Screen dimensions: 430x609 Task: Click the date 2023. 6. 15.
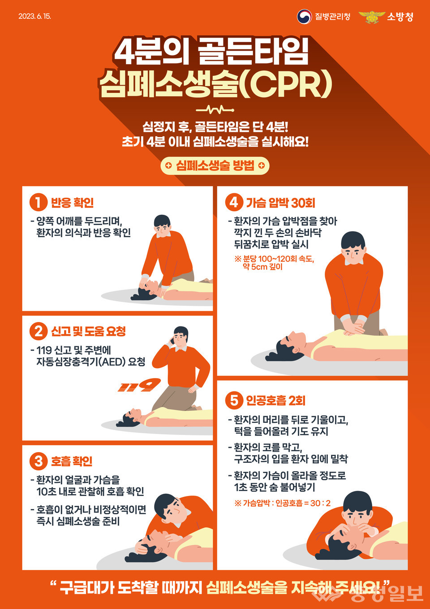pos(35,16)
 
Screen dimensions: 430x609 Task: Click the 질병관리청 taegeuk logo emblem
pos(304,17)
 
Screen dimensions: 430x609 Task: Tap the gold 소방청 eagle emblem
pos(371,17)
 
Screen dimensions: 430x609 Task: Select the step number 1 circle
pos(38,202)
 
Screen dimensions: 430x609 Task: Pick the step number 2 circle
pos(38,332)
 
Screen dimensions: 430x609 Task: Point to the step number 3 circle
pos(38,461)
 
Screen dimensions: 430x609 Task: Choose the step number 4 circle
pos(234,203)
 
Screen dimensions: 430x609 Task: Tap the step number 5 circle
pos(234,400)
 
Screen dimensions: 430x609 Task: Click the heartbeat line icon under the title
pos(215,110)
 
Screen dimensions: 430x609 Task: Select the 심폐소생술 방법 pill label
pos(215,165)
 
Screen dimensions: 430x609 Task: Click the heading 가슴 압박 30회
pos(280,203)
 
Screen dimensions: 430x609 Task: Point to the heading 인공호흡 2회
pos(275,401)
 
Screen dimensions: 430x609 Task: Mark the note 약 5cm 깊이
pos(262,267)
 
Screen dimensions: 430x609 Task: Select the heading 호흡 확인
pos(72,461)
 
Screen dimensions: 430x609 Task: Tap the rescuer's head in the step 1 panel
pos(162,226)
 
